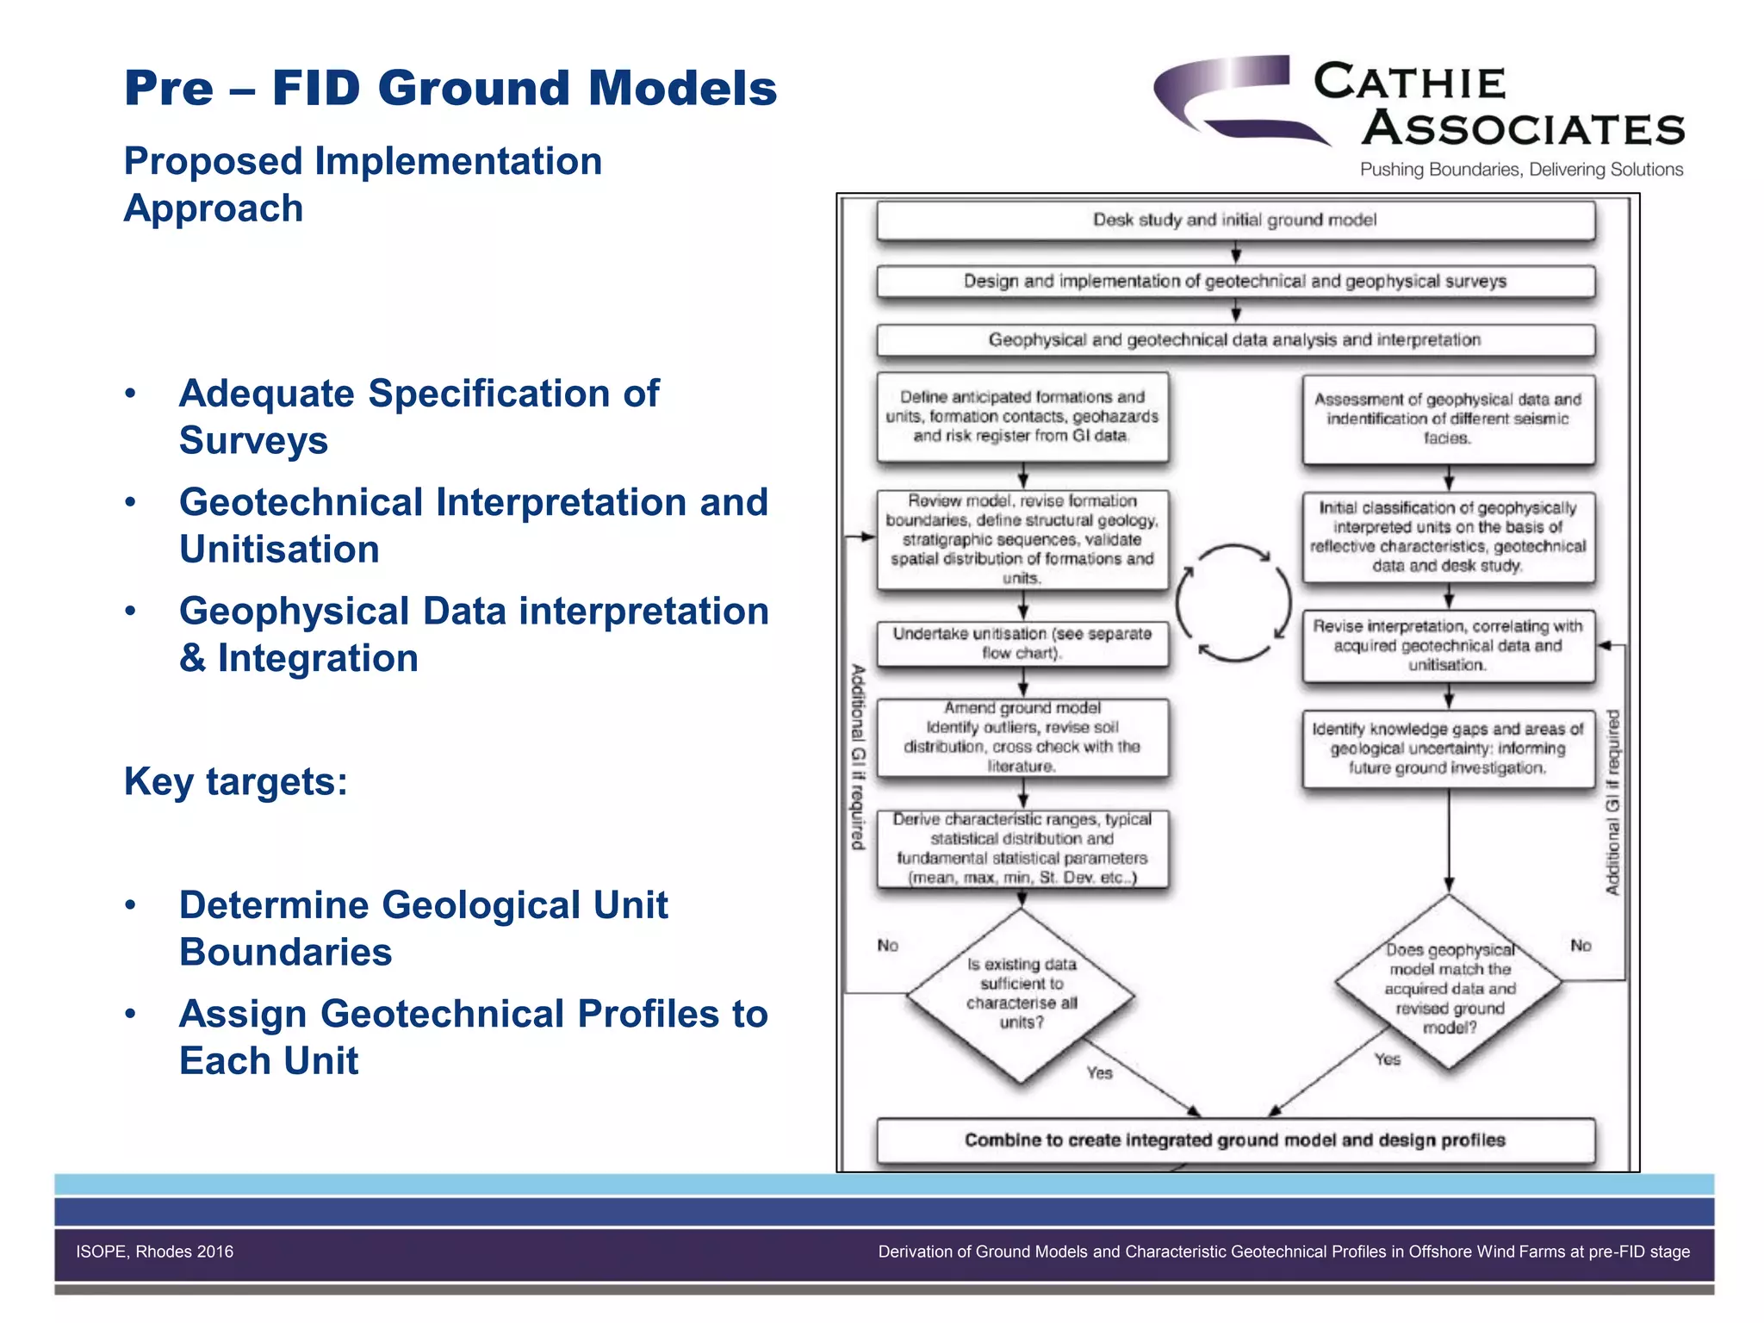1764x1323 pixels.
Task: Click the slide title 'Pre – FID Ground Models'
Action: point(450,88)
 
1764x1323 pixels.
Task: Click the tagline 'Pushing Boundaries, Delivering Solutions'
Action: point(1521,170)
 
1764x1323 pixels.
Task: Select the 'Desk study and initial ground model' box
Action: point(1235,220)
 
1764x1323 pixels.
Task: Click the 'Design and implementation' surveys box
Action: point(1235,282)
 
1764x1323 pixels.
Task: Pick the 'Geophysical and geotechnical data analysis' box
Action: point(1235,340)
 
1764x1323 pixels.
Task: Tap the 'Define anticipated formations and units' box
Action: point(1022,417)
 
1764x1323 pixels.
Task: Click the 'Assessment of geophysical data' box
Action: point(1448,419)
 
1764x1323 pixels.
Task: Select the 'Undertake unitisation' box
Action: point(1022,643)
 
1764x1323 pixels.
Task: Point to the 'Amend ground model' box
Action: point(1022,737)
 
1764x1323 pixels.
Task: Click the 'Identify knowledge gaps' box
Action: point(1448,748)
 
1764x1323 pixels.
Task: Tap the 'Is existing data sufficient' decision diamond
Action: point(1022,994)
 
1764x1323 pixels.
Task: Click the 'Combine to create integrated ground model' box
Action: point(1235,1140)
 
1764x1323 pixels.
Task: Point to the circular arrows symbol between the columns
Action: point(1233,603)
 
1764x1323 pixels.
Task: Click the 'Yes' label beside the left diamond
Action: point(1100,1073)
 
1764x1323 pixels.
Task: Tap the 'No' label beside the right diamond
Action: point(1581,946)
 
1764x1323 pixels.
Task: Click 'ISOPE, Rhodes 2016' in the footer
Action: point(155,1252)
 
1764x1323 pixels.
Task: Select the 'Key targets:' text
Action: point(236,782)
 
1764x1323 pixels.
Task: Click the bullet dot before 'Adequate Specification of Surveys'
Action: point(131,394)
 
